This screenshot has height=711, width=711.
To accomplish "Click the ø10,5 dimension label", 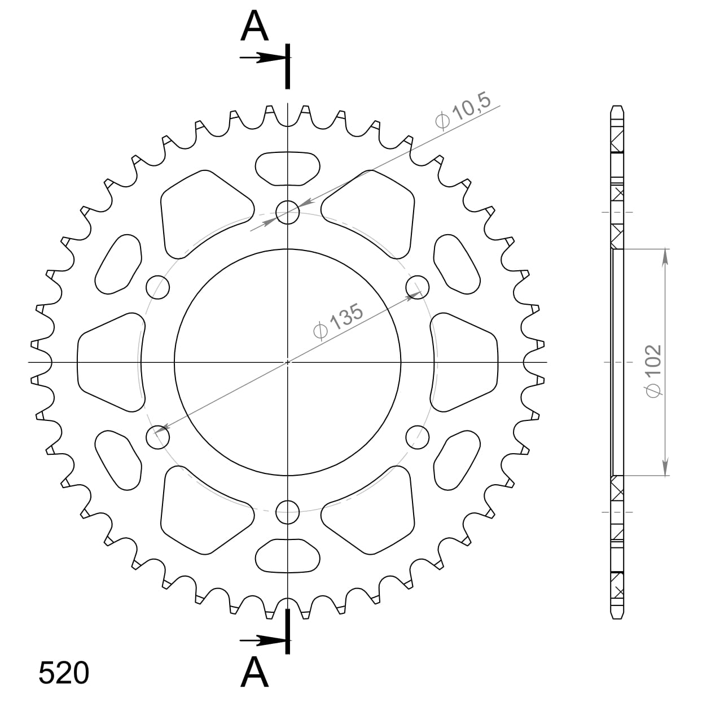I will tap(464, 112).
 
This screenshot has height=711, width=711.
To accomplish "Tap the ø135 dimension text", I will tap(339, 322).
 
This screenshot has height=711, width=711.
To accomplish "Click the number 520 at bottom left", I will tap(64, 673).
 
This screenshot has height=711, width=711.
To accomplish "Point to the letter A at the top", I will tap(254, 27).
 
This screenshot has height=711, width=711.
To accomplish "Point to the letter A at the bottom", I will tap(254, 673).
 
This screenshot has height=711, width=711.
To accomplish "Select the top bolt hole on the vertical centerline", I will tap(288, 213).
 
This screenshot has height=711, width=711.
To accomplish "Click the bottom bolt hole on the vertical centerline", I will tap(288, 512).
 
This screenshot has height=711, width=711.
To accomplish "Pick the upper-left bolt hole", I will tap(158, 287).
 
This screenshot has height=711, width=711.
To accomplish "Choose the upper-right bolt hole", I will tap(418, 287).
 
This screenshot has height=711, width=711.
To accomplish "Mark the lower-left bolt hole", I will tap(158, 437).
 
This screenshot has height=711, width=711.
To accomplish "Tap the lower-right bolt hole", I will tap(418, 437).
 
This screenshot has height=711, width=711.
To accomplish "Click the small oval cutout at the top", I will tap(288, 168).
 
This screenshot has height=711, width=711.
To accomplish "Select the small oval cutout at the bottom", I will tap(288, 556).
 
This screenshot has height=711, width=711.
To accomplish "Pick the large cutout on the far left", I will tap(110, 362).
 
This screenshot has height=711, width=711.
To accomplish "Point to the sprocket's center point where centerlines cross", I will tap(288, 362).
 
